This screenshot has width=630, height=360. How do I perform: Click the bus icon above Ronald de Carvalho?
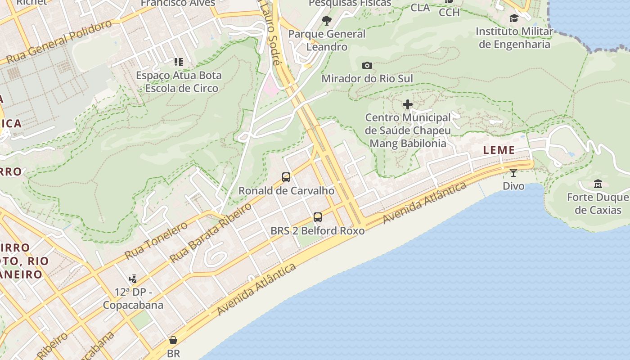[286, 177]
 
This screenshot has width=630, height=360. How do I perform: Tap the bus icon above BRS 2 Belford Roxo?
[318, 217]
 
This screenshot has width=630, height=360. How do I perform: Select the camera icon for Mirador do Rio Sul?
[367, 66]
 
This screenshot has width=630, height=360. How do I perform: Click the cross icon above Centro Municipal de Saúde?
[408, 105]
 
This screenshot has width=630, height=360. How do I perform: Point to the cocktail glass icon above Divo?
[513, 172]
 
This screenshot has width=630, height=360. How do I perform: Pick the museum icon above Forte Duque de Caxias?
[598, 184]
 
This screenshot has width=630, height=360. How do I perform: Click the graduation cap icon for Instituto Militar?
[514, 18]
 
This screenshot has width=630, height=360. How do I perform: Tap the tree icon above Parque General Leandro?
[327, 20]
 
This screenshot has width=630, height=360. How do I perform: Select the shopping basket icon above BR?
[173, 340]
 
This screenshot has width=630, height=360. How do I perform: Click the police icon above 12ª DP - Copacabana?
[133, 279]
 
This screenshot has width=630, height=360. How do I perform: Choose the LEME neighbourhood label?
[499, 150]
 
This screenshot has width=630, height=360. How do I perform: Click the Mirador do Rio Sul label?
[367, 79]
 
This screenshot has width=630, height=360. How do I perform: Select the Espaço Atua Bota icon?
[179, 62]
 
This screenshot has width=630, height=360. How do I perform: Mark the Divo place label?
[513, 186]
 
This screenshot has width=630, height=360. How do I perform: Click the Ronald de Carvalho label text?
[286, 191]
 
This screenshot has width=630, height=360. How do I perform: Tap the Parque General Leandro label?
[327, 40]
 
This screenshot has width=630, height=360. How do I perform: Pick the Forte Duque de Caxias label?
[598, 203]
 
